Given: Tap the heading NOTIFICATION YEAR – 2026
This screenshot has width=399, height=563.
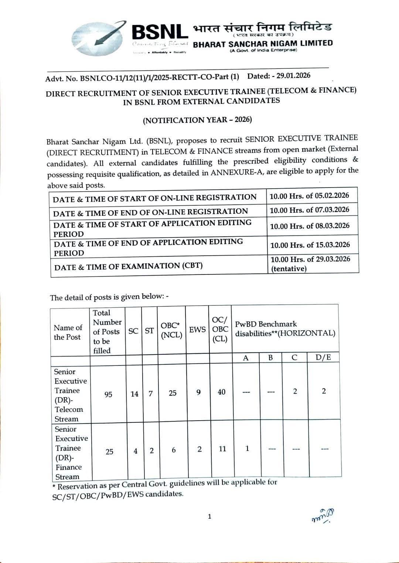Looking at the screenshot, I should click(x=197, y=120).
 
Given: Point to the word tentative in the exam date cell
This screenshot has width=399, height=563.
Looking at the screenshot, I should click(x=289, y=269).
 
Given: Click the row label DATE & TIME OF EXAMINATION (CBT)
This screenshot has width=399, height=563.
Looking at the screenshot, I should click(x=129, y=266).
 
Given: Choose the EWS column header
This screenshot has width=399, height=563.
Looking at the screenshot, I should click(x=197, y=330).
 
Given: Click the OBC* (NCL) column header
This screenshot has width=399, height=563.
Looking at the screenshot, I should click(x=171, y=330).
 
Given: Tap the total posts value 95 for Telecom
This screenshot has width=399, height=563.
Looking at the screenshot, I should click(x=108, y=394).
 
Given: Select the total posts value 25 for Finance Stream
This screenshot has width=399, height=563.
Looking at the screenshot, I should click(x=109, y=452).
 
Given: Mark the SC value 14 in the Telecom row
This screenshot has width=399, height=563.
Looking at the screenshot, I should click(x=134, y=394).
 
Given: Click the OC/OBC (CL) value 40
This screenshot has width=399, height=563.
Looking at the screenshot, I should click(x=221, y=392).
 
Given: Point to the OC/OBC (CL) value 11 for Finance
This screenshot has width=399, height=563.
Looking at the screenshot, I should click(x=222, y=449).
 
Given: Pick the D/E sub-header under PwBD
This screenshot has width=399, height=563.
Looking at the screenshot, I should click(x=323, y=357).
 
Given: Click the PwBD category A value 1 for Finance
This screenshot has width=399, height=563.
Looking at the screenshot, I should click(x=247, y=449).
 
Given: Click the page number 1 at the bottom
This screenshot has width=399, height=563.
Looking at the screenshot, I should click(x=209, y=516).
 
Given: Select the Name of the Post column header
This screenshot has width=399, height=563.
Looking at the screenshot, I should click(x=68, y=332).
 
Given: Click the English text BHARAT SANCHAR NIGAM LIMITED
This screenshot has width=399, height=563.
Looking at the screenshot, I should click(x=263, y=44).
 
